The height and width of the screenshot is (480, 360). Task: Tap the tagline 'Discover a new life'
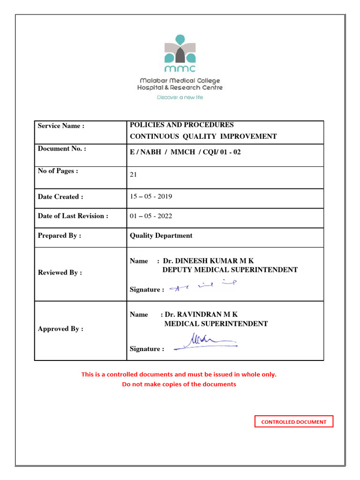click(180, 97)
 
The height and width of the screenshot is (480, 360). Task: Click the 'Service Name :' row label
click(61, 126)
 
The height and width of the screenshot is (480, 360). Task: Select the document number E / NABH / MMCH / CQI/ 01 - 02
click(185, 152)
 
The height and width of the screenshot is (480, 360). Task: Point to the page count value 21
click(134, 174)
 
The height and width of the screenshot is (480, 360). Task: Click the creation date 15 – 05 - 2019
click(151, 196)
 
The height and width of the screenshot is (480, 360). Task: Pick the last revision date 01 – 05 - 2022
click(151, 216)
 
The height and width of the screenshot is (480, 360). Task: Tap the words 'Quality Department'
click(161, 236)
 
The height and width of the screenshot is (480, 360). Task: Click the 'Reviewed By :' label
click(60, 272)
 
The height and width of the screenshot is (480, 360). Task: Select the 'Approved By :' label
click(60, 329)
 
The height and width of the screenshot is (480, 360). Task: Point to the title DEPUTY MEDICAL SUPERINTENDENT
click(230, 270)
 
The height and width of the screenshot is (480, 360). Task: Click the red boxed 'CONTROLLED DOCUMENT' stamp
click(294, 422)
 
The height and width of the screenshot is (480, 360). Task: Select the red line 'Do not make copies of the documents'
click(179, 384)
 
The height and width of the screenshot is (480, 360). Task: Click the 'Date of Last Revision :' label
click(73, 216)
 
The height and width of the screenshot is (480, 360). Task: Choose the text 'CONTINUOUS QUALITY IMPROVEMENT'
click(203, 136)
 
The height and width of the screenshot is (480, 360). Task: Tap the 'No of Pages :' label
click(58, 171)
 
